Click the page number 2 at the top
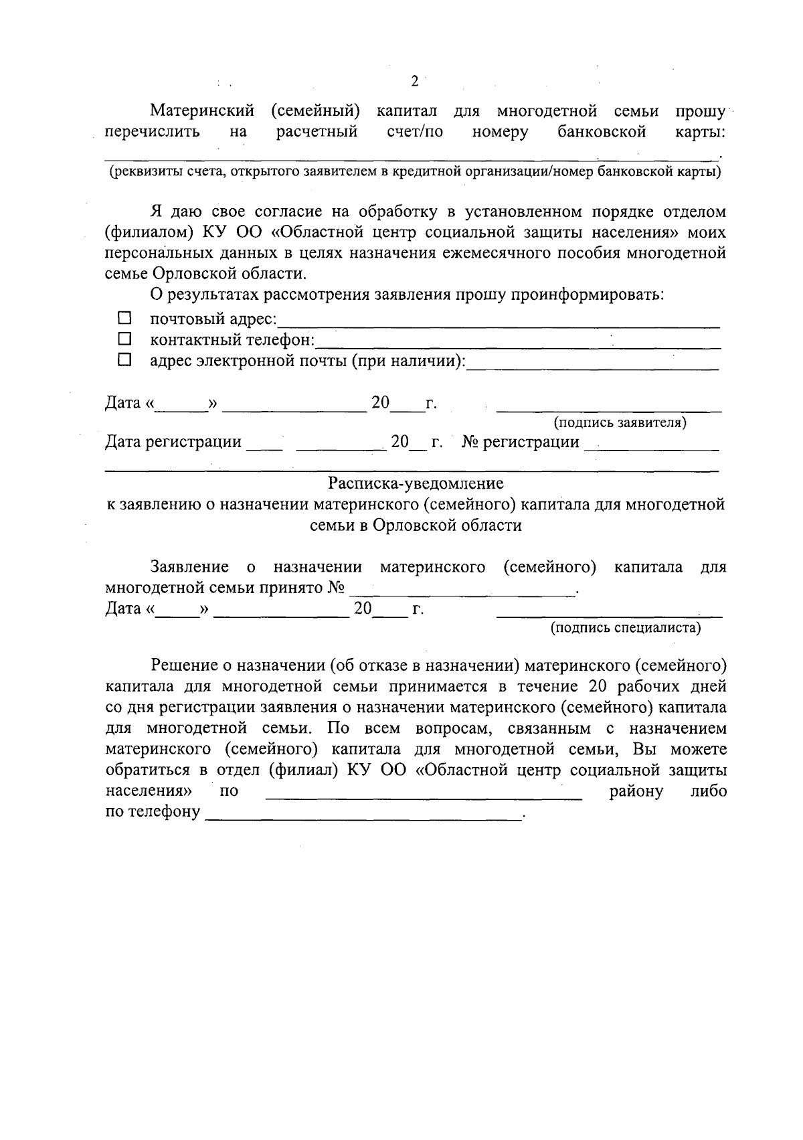click(x=414, y=82)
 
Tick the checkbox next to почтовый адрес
click(x=124, y=317)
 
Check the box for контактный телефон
click(x=124, y=339)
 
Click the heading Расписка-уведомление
click(x=416, y=483)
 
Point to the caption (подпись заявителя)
click(x=619, y=422)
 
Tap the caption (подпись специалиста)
click(x=625, y=628)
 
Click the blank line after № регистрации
click(x=651, y=447)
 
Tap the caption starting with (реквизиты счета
click(x=415, y=172)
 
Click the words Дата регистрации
click(x=173, y=442)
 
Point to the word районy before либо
click(x=636, y=791)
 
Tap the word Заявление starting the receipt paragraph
click(x=189, y=567)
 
